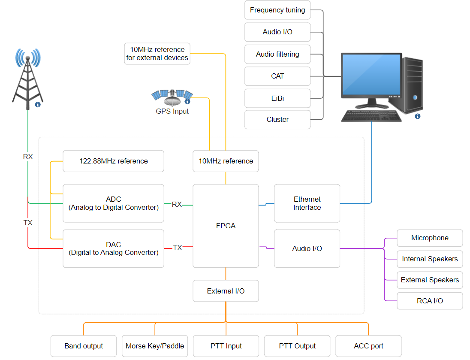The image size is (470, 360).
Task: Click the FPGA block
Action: point(226,226)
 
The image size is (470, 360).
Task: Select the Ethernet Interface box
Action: point(307,203)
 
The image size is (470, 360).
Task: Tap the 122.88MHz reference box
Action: point(113,161)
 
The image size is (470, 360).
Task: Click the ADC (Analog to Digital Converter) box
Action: point(113,203)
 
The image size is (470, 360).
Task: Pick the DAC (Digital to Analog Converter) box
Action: point(113,248)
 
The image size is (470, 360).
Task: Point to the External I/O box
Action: point(226,291)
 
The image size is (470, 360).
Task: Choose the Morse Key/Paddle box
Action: point(155,346)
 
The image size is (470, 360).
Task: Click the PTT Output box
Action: point(297,346)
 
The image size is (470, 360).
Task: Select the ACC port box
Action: point(368,346)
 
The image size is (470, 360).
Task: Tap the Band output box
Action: point(84,346)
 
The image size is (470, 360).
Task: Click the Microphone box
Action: point(430,238)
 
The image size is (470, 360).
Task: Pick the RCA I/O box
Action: point(430,301)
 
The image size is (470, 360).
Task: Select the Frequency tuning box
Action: point(277,10)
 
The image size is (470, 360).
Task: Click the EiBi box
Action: point(277,98)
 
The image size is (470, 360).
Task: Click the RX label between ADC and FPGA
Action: point(177,204)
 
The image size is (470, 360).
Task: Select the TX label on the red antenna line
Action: point(28,223)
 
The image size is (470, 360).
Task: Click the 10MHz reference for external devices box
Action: point(157,54)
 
